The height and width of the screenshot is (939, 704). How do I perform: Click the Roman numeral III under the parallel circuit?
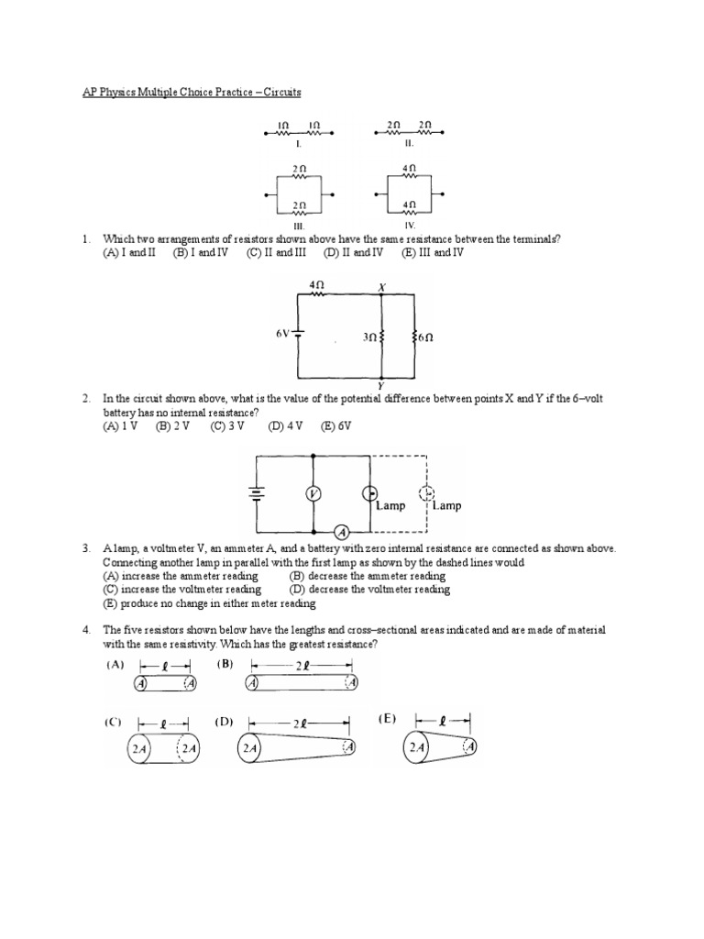[299, 224]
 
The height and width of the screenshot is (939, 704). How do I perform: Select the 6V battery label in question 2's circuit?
[282, 334]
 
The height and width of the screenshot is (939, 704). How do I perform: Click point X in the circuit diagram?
[382, 287]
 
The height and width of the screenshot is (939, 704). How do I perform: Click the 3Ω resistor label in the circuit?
[368, 337]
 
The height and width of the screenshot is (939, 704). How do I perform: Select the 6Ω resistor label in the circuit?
[424, 337]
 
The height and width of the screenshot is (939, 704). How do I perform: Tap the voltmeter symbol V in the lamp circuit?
[313, 494]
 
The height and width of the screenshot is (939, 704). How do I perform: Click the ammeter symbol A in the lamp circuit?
[340, 532]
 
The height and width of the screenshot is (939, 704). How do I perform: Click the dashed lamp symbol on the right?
[426, 493]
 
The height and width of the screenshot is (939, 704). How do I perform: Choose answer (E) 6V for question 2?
[335, 426]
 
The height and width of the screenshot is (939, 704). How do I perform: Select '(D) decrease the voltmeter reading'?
[369, 590]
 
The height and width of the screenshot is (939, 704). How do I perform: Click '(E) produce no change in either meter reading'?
[209, 603]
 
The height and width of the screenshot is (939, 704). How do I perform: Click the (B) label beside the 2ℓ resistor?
[225, 664]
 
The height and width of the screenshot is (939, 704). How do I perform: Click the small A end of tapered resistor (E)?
[469, 747]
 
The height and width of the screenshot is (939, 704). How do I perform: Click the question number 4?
[84, 631]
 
